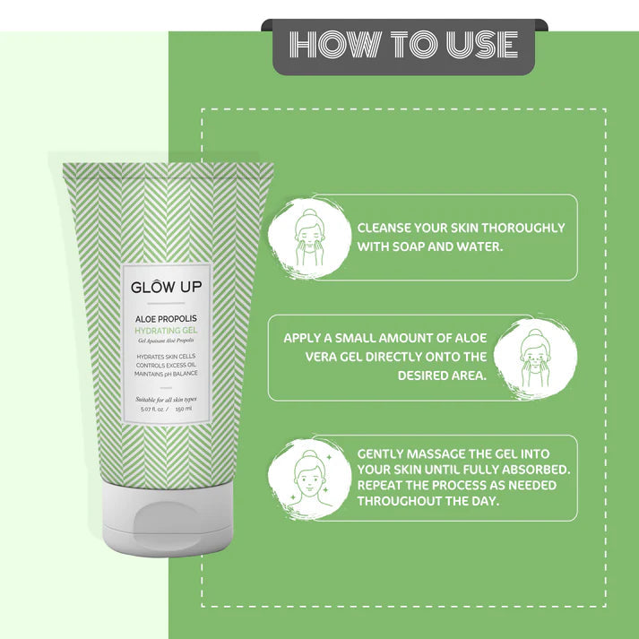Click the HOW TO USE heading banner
(403, 45)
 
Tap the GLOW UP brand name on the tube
(166, 288)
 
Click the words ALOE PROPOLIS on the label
(166, 318)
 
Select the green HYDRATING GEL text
(166, 331)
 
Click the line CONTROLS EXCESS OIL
(166, 366)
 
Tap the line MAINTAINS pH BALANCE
(166, 376)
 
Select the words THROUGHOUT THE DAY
(428, 501)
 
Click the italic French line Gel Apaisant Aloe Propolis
(166, 341)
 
